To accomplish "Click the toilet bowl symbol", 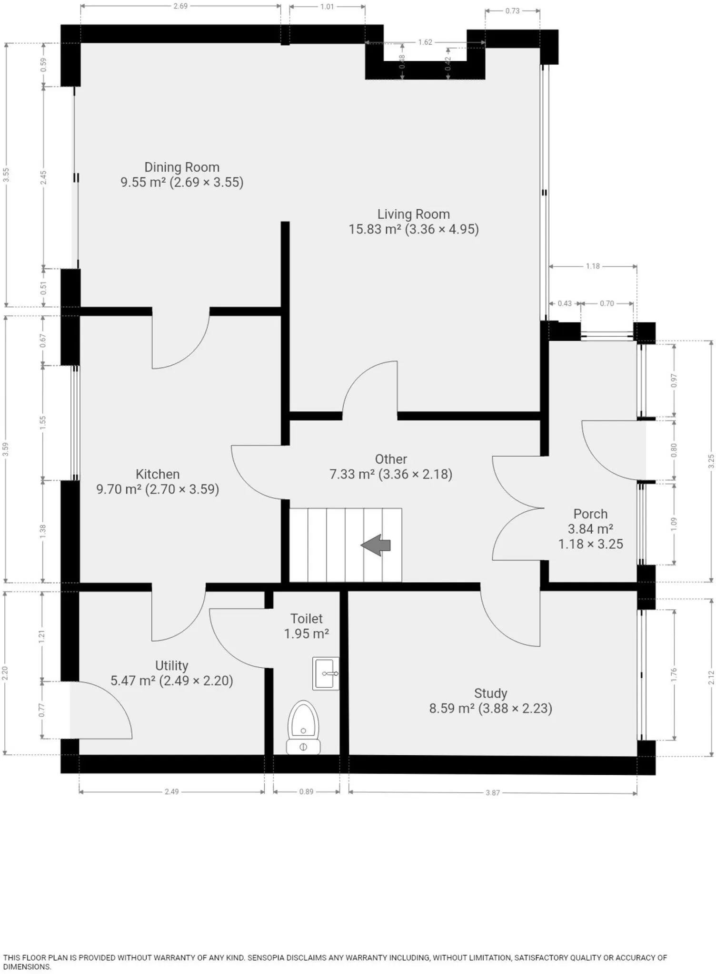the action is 303,727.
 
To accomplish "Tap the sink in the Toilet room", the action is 326,673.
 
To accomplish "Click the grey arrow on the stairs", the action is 376,545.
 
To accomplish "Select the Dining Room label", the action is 182,167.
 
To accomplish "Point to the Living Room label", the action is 414,214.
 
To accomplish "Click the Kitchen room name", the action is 158,474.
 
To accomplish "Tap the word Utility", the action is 171,666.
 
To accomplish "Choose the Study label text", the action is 490,693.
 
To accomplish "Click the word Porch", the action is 590,514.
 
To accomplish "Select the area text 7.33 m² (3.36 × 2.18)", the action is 391,474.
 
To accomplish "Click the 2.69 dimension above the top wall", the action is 180,6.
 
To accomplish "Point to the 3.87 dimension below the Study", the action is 493,793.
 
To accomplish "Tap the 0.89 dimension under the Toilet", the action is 306,792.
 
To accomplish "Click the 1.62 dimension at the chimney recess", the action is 425,42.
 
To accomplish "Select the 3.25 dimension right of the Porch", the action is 711,461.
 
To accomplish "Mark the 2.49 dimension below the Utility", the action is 171,792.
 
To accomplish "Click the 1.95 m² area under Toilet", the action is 307,633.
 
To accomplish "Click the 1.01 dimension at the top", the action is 327,7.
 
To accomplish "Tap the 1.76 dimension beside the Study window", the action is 674,674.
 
